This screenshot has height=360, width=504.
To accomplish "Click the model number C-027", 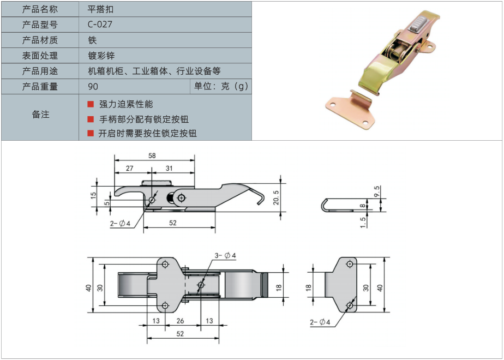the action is point(100,25).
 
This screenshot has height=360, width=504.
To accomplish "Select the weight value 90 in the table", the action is point(93,87).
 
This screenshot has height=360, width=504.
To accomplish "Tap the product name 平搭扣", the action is point(100,9).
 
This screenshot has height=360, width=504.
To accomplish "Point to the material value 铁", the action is point(92,40).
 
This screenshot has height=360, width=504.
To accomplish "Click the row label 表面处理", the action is point(40,55).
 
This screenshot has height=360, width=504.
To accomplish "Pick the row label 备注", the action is point(40,114).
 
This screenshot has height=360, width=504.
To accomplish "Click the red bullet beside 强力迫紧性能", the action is point(91,104).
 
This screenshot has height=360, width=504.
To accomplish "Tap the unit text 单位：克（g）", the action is point(221,86).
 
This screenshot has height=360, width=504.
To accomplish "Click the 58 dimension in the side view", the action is point(152,155).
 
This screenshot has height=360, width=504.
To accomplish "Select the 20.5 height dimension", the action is point(276,197).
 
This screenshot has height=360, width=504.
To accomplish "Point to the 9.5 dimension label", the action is point(377,191).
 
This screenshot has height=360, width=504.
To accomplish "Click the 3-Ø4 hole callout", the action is point(225,255).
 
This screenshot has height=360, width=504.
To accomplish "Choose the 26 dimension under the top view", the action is point(181,321).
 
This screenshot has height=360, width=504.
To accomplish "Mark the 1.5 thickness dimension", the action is point(363,223).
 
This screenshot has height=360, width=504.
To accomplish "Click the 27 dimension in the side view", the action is point(129,168).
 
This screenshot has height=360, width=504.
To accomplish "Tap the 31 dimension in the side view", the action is point(169,168).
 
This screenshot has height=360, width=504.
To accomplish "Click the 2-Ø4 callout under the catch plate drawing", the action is point(320,322).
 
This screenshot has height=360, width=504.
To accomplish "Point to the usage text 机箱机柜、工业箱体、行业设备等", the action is point(154,71).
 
